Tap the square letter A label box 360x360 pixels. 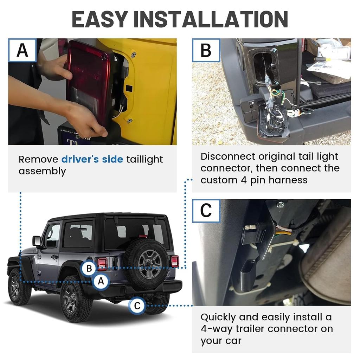(22, 50)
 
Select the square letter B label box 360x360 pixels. (206, 50)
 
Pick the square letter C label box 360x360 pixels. (206, 211)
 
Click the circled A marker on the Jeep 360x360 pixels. (101, 281)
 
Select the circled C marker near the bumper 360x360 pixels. (137, 306)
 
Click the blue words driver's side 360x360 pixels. (92, 159)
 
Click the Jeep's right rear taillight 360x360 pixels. (175, 261)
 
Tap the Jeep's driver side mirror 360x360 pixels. (37, 241)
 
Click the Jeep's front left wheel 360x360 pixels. (19, 287)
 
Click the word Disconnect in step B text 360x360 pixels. (227, 156)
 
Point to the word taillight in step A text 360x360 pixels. (144, 159)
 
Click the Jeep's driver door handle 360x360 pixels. (54, 257)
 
